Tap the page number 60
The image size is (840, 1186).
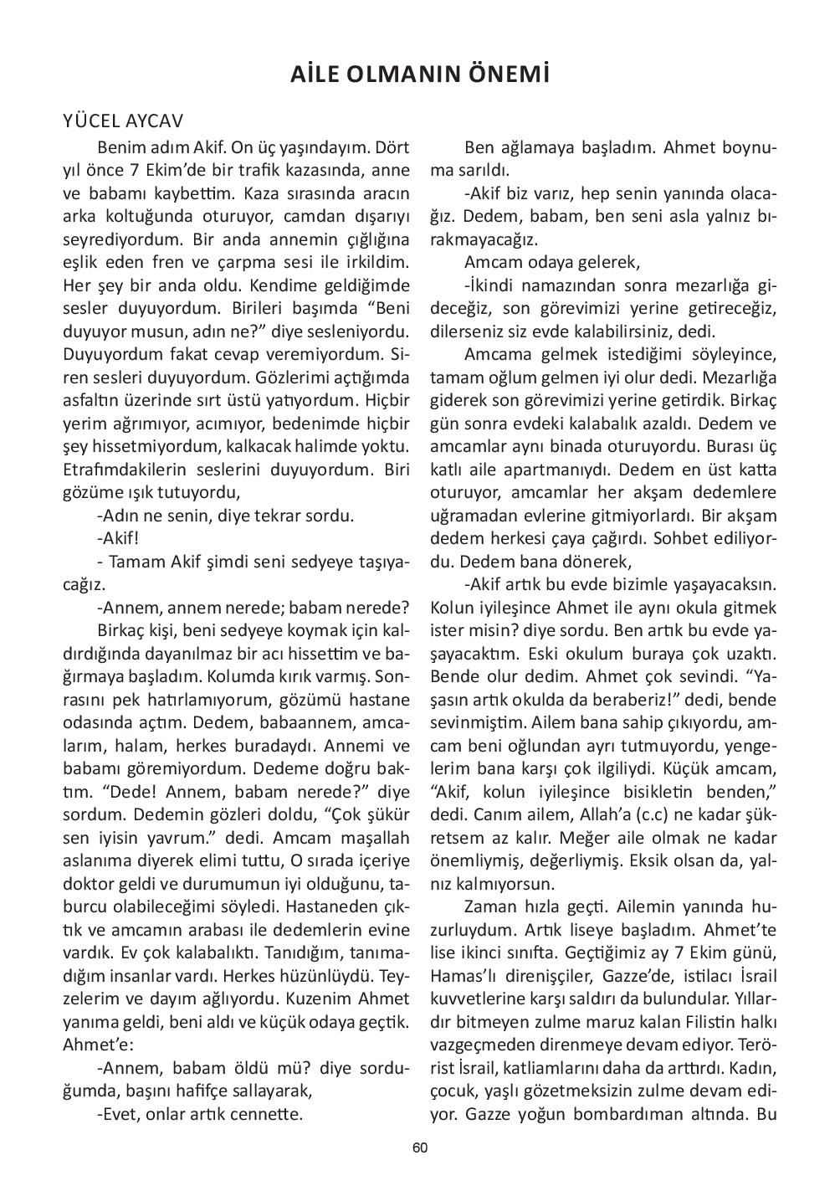click(x=420, y=1148)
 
